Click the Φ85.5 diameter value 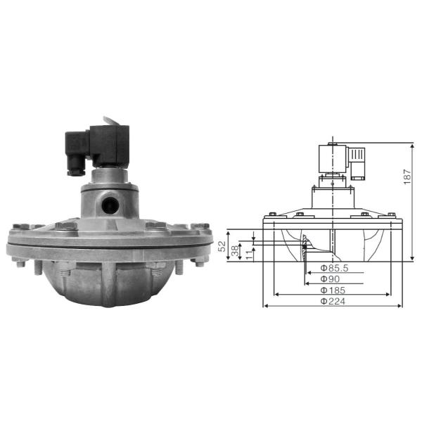tap(331, 267)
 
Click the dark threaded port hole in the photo tap(109, 205)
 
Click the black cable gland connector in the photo tap(72, 164)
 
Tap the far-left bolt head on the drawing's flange tap(271, 215)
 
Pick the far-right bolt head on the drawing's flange tap(389, 215)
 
